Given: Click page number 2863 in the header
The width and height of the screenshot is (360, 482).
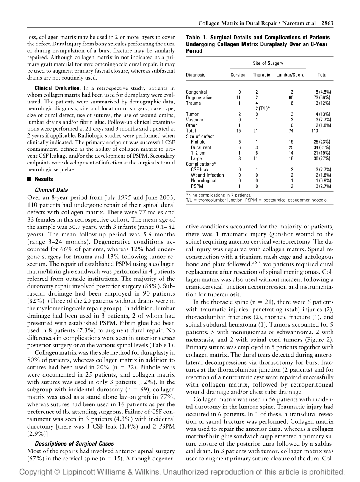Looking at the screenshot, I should [327, 23].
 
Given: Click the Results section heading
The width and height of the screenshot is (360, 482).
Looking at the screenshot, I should [44, 179].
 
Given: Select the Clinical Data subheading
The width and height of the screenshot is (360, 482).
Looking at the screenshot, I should [51, 190].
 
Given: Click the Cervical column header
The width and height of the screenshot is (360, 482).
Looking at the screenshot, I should [239, 75].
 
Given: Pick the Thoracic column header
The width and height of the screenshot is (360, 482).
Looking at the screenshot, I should [261, 75].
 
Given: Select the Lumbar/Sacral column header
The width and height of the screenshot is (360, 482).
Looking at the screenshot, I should [291, 75].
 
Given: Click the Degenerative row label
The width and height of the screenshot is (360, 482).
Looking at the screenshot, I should [199, 97].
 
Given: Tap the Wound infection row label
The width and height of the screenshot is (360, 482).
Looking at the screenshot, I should [207, 175].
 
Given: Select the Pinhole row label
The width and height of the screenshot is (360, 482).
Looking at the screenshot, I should [198, 142].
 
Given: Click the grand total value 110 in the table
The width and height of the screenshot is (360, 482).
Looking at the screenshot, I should [315, 131].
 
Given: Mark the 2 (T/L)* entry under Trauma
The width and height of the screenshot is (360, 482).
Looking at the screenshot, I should [262, 108].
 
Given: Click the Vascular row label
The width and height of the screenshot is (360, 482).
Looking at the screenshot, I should [195, 119].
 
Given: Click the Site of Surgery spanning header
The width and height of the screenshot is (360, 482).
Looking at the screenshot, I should [268, 63].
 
